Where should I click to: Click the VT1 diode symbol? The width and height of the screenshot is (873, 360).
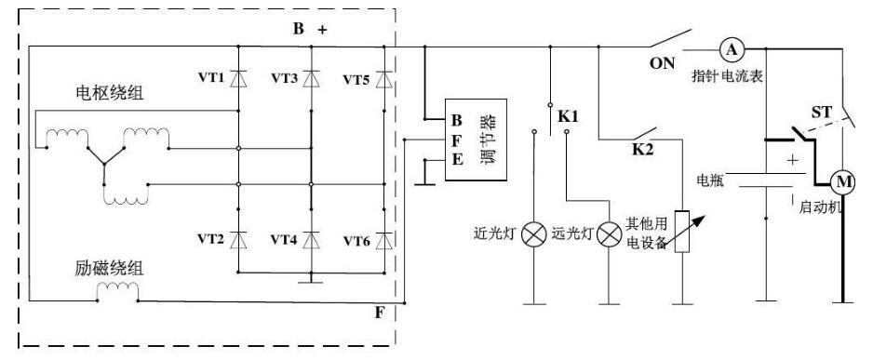tap(238, 78)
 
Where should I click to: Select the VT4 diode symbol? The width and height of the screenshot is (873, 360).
tap(311, 240)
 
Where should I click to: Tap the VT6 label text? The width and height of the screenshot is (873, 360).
tap(356, 241)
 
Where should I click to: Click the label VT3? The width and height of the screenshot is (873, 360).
tap(285, 78)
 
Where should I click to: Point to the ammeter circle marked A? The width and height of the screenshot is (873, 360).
tap(732, 50)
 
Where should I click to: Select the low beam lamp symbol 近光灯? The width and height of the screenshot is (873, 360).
tap(534, 234)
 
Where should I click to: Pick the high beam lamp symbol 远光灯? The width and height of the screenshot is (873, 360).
tap(609, 234)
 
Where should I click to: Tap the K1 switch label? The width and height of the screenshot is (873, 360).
tap(569, 117)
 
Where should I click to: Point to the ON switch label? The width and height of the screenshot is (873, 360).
tap(662, 63)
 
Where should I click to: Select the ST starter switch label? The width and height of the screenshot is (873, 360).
tap(821, 113)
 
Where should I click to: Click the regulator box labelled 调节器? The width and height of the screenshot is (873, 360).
tap(476, 140)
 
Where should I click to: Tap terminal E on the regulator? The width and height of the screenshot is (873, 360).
tap(457, 160)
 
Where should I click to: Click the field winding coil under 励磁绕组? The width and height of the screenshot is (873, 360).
tap(117, 290)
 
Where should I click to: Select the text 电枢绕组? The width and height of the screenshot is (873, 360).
tap(109, 92)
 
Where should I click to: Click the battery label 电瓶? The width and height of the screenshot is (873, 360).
tap(710, 180)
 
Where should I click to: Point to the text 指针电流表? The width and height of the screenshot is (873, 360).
tap(727, 75)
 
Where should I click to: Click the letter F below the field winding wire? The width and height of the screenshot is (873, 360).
tap(379, 313)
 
